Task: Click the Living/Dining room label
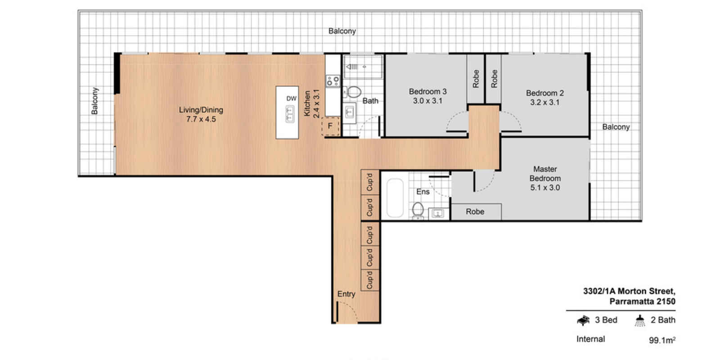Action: (x=201, y=114)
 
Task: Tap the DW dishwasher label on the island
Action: (x=291, y=99)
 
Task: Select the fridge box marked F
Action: (x=330, y=126)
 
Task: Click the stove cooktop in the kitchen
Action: (x=333, y=81)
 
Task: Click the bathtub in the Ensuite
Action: (x=395, y=198)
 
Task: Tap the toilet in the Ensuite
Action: (x=418, y=211)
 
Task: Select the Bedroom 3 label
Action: (x=427, y=92)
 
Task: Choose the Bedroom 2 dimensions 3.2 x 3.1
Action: (x=545, y=103)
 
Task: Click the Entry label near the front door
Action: (x=346, y=294)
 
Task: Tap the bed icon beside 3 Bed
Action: (x=583, y=320)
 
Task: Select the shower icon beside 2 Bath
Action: (x=640, y=320)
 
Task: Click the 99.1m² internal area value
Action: (x=662, y=340)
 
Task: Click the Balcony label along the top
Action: (x=342, y=31)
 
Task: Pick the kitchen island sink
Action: (x=290, y=114)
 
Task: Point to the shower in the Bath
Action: (x=363, y=67)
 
